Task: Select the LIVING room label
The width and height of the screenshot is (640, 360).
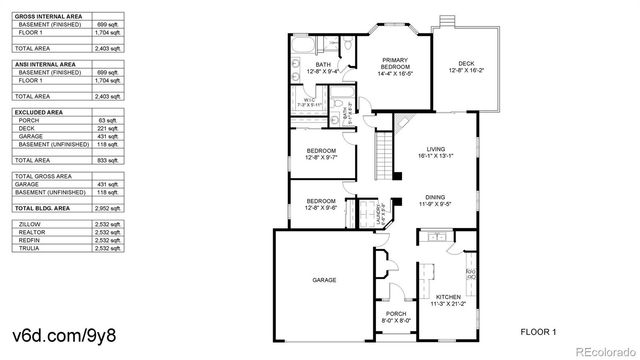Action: [436, 151]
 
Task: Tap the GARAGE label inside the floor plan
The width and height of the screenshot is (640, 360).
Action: [324, 280]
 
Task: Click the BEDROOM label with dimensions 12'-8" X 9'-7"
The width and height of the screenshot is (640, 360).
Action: [321, 154]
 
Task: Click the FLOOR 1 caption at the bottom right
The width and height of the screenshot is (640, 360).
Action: [539, 330]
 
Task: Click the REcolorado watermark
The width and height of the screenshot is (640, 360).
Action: [598, 350]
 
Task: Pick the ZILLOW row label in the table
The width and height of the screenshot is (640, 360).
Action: [31, 225]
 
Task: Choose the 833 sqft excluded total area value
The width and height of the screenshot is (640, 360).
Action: [106, 160]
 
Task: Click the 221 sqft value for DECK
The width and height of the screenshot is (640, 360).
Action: [106, 129]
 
